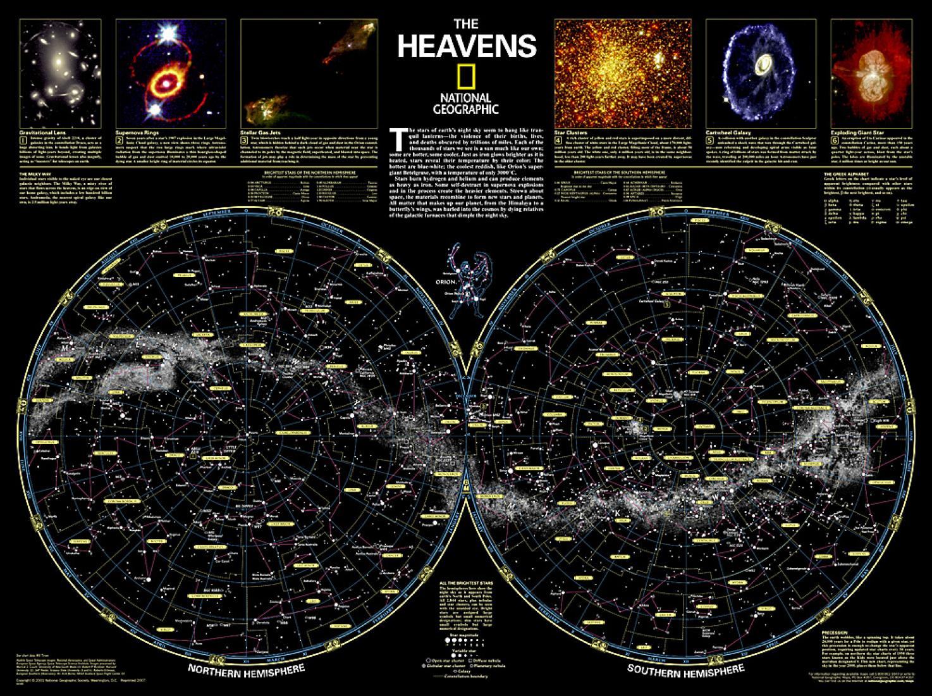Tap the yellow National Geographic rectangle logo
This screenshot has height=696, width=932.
click(466, 77)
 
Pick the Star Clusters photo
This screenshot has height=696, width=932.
click(623, 73)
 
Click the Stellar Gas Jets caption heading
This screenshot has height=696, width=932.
click(259, 134)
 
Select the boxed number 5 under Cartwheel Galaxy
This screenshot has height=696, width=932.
click(710, 140)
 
